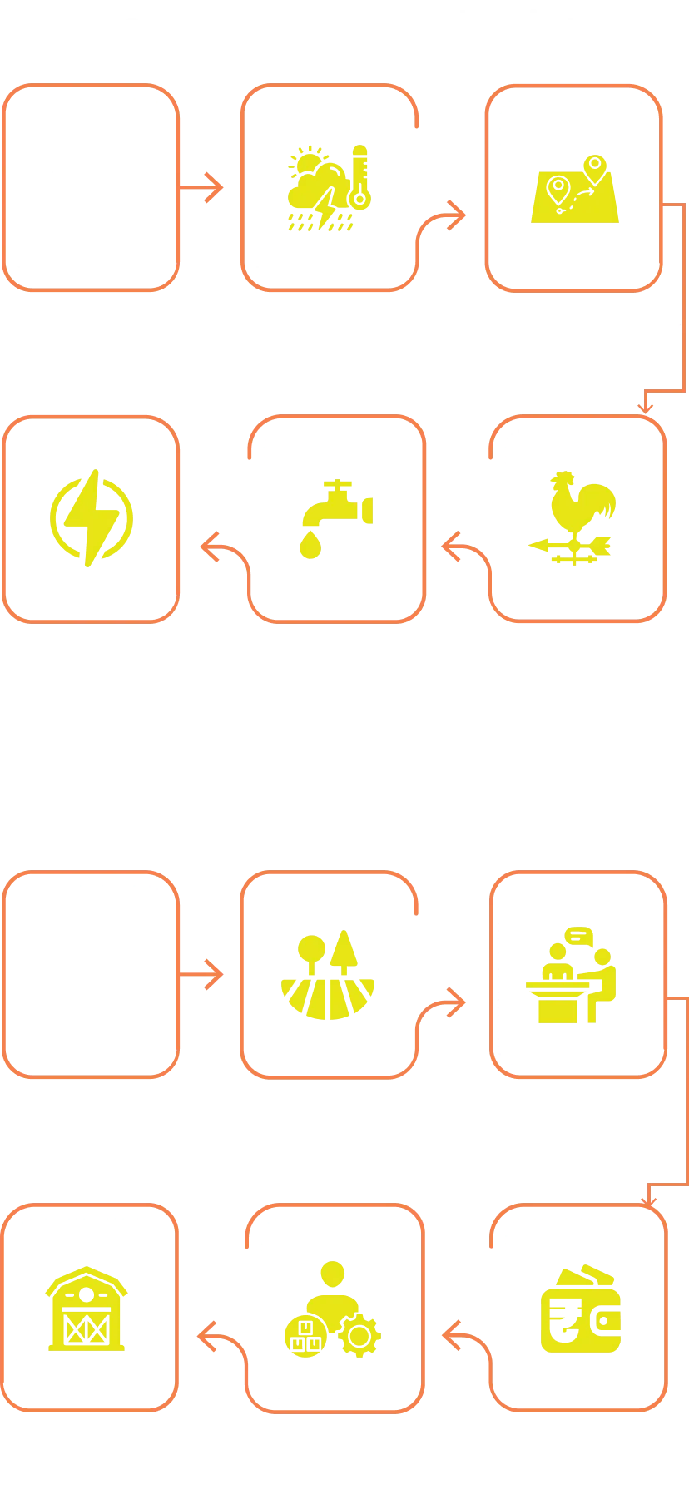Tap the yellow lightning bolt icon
tap(91, 517)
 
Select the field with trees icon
tap(328, 975)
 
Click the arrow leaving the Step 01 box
tap(205, 186)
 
